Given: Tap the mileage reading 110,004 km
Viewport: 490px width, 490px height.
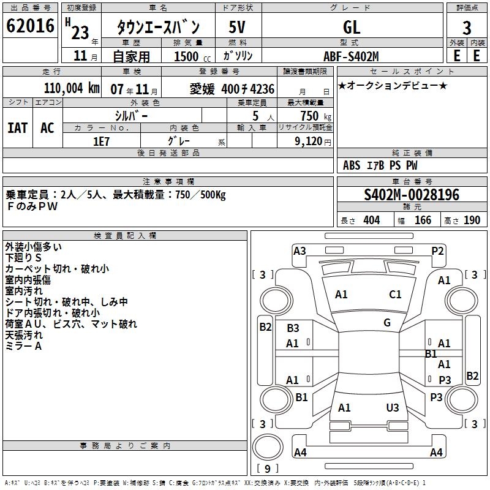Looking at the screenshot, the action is point(72,88).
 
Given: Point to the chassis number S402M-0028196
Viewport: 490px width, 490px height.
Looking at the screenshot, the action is point(412,195).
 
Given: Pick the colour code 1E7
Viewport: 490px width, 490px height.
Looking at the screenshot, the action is point(101,141).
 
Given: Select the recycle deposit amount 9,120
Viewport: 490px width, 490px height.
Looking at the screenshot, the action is point(305,141).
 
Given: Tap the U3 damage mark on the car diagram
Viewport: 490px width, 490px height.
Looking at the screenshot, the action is point(393,407).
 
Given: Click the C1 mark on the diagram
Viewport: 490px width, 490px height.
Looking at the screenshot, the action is point(395,295).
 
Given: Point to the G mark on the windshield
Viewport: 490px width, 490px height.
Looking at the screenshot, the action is point(387,323).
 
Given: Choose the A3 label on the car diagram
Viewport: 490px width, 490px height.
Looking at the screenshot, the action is point(300,251).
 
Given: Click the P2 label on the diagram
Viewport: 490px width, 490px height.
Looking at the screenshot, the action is point(437,251).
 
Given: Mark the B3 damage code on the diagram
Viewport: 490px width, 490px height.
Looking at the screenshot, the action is point(293,328).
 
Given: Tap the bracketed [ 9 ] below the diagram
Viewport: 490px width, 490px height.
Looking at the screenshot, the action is point(268,469).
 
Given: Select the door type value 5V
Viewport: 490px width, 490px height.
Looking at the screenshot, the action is point(238,26).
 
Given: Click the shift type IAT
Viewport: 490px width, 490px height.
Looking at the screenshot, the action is point(17,127).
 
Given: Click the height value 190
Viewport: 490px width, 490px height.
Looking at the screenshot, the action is point(472,221).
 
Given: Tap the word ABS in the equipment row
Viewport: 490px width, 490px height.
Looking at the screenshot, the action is point(352,165).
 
